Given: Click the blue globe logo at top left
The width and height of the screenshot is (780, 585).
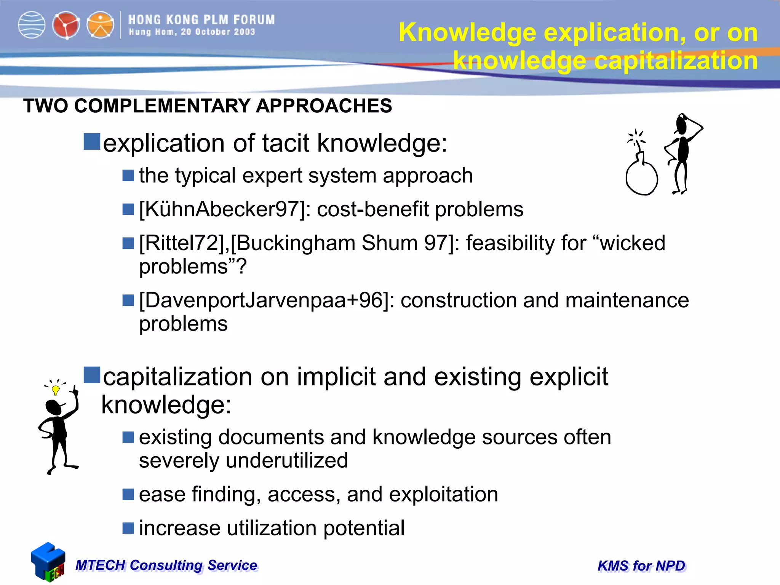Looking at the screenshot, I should click(32, 25).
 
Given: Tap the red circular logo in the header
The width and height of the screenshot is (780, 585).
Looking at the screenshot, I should click(66, 25).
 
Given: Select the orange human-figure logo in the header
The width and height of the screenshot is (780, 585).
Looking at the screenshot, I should click(100, 25).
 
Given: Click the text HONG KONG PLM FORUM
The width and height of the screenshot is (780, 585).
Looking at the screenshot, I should click(201, 20).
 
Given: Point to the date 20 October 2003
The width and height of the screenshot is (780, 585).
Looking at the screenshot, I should click(218, 32).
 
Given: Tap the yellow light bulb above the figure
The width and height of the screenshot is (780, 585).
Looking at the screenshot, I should click(56, 390).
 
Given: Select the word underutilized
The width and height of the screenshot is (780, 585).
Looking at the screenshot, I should click(287, 460).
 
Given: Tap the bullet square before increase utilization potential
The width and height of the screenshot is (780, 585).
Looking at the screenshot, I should click(128, 528).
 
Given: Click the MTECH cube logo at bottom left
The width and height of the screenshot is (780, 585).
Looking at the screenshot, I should click(48, 562).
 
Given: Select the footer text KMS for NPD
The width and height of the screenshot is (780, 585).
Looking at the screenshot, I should click(641, 566).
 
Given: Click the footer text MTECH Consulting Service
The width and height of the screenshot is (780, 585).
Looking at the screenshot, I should click(166, 565).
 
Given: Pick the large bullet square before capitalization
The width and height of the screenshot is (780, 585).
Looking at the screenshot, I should click(92, 375).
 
